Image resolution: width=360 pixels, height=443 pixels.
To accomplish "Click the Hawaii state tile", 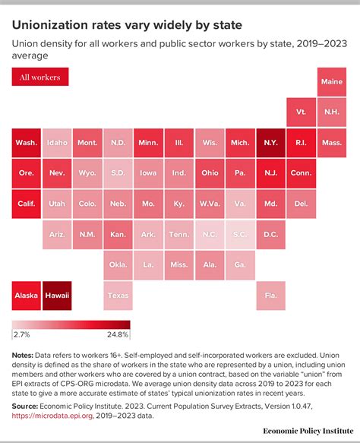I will (x=57, y=295).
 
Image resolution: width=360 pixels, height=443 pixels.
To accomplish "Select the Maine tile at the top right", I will (x=331, y=81).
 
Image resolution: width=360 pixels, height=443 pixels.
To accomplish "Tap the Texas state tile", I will (x=118, y=295).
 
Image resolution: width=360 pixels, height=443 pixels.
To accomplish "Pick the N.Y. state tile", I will (x=270, y=142).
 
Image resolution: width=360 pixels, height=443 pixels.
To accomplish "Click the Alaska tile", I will (x=27, y=295).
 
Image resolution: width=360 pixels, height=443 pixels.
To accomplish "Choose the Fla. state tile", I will (x=270, y=295).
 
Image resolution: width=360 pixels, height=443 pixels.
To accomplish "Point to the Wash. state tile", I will (x=27, y=142).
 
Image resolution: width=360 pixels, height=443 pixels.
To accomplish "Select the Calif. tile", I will (x=27, y=204).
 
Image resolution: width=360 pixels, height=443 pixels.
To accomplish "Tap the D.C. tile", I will (x=270, y=234).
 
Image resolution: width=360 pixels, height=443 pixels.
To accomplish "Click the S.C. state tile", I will (x=240, y=234).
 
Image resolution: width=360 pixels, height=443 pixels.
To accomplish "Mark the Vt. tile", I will (x=301, y=112).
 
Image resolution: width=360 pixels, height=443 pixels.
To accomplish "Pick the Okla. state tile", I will (x=118, y=264).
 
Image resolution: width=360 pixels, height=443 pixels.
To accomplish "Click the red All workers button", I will (x=40, y=77).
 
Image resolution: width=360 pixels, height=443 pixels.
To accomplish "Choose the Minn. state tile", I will (x=148, y=142).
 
